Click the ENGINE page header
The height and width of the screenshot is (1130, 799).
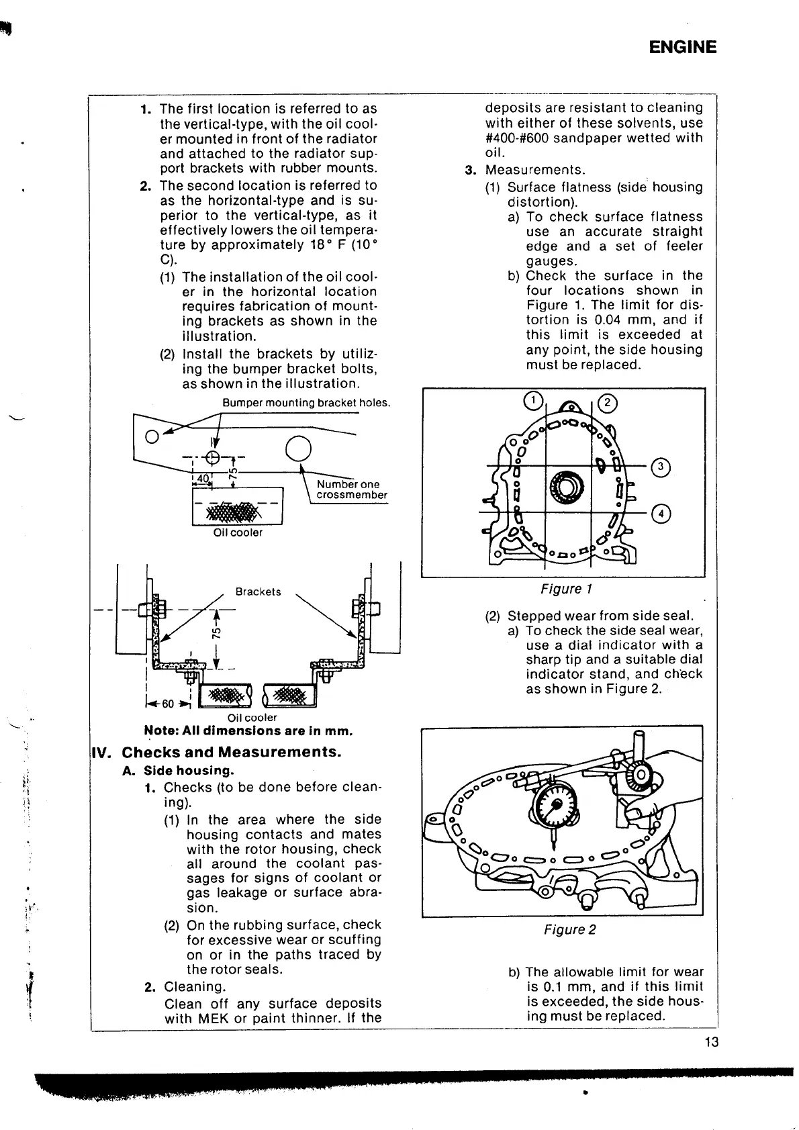pos(683,47)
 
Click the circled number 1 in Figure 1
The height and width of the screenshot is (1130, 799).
pos(532,401)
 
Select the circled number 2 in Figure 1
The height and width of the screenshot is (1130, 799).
pos(607,403)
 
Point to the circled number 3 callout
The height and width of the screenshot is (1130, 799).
pos(661,465)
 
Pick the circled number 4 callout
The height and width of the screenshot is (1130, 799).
pos(661,514)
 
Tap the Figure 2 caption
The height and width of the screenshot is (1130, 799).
pos(569,929)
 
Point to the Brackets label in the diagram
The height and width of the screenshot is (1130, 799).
pos(258,592)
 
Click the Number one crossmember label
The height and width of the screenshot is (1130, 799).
pos(351,489)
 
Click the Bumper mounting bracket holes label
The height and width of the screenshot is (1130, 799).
pos(306,403)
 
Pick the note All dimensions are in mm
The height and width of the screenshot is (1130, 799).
pos(248,731)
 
